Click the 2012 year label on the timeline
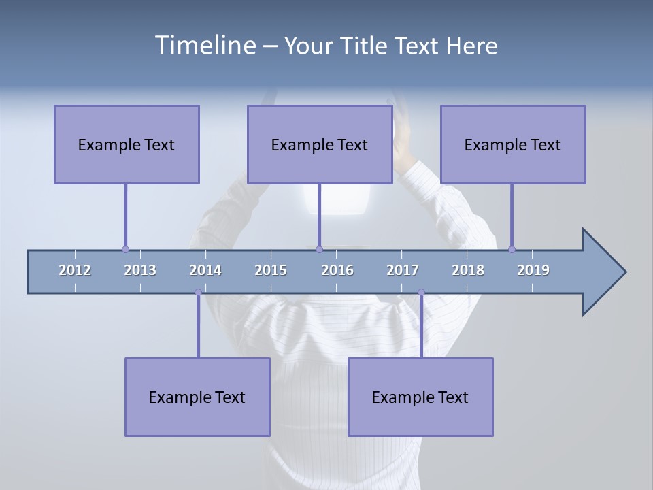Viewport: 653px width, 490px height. (75, 270)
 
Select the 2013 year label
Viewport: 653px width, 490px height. (140, 270)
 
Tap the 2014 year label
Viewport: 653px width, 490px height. (205, 270)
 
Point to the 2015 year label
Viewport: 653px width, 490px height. (271, 270)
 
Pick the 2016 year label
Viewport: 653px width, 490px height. (337, 270)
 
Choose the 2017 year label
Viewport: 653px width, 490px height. (403, 270)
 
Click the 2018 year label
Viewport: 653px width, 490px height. (468, 270)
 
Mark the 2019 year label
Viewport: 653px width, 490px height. (533, 270)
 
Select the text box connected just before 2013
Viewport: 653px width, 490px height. (127, 144)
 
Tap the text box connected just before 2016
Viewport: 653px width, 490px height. (320, 144)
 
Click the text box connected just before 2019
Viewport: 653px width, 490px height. (513, 144)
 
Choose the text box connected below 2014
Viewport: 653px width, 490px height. (197, 397)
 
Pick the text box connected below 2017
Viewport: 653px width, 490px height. (420, 397)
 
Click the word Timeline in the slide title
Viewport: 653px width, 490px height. (205, 46)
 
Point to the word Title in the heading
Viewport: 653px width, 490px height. (365, 46)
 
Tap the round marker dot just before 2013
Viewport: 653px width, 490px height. (125, 250)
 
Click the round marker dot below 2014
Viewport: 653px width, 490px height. (198, 292)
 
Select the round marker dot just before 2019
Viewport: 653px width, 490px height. (512, 249)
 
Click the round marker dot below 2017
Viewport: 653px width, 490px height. (421, 292)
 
